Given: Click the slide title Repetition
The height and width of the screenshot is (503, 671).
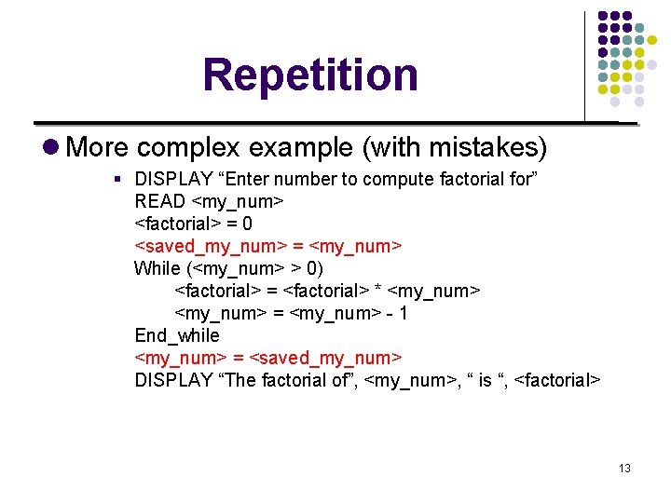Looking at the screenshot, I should [x=310, y=75].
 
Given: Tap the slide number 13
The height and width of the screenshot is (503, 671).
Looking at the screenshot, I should [x=624, y=468].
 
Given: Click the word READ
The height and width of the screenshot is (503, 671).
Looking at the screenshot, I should [x=159, y=201].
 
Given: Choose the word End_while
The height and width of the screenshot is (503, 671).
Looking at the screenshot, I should [x=177, y=335].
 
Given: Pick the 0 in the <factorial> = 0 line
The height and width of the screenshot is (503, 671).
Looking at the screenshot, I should [x=247, y=224].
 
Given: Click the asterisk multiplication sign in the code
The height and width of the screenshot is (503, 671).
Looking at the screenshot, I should [x=377, y=291].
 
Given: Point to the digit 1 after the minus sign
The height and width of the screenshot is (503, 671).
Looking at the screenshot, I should [x=403, y=313].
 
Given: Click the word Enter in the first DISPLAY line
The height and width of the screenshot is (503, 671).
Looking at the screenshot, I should [x=254, y=179].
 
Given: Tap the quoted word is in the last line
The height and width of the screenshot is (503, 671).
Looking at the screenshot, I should [x=483, y=380].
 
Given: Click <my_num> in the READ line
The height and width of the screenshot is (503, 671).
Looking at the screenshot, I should [x=237, y=201].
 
